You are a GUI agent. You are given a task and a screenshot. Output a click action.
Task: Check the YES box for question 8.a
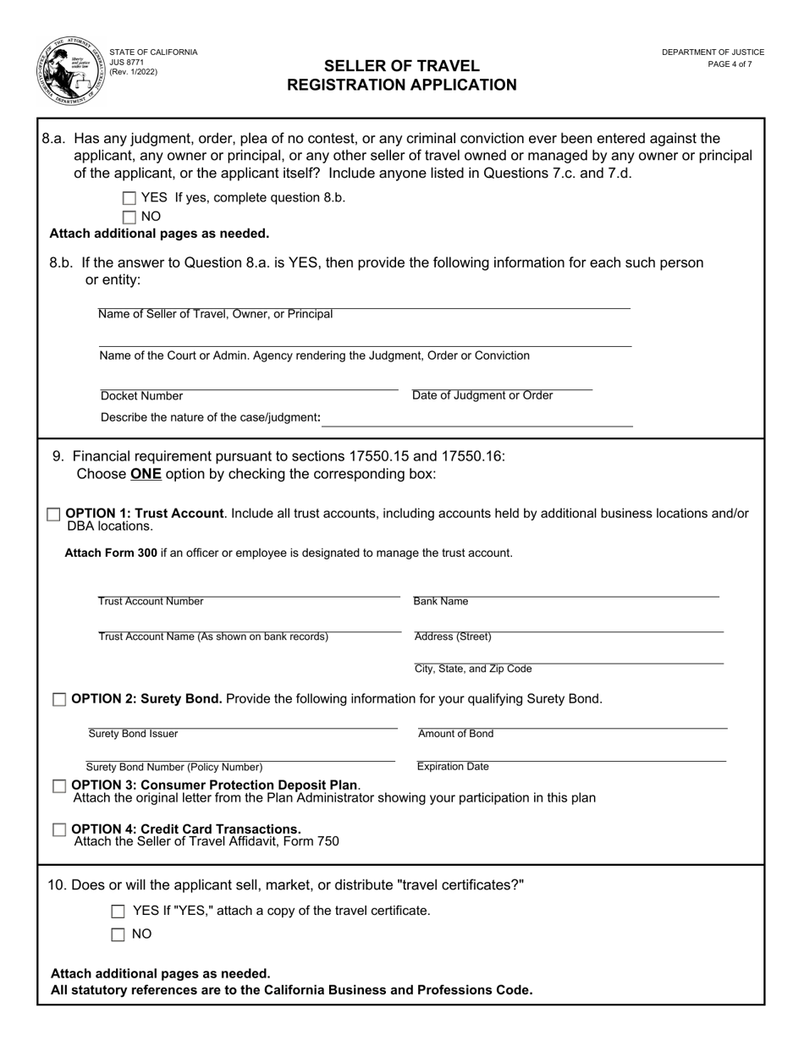[x=129, y=198]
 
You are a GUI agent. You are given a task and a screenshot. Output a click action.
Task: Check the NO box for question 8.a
[x=129, y=217]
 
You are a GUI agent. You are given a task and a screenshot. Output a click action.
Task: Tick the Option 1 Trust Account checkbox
[x=54, y=514]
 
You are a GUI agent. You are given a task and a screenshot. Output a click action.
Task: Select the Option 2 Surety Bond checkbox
[x=59, y=699]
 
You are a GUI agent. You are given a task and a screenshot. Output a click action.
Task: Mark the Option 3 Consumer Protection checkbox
[x=59, y=786]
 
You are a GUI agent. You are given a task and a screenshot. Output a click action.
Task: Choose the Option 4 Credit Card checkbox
[x=59, y=830]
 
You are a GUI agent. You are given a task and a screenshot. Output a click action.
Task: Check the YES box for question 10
[x=118, y=912]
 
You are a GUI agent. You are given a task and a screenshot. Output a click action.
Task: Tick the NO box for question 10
[x=118, y=935]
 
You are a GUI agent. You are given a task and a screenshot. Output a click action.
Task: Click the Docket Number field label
[x=141, y=396]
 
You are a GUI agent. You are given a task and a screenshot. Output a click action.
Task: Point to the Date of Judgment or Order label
[x=482, y=395]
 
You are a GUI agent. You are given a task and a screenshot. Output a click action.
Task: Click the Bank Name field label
[x=441, y=602]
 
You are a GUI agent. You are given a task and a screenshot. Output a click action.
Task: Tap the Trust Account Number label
[x=151, y=602]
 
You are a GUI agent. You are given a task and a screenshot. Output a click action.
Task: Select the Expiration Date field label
[x=453, y=767]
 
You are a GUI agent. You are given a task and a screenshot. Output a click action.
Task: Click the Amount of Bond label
[x=455, y=734]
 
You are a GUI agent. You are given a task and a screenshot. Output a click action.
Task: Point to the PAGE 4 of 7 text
[x=730, y=64]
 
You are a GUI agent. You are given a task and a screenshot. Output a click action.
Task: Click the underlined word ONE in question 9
[x=146, y=474]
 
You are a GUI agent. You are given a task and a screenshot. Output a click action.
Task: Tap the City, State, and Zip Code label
[x=473, y=669]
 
